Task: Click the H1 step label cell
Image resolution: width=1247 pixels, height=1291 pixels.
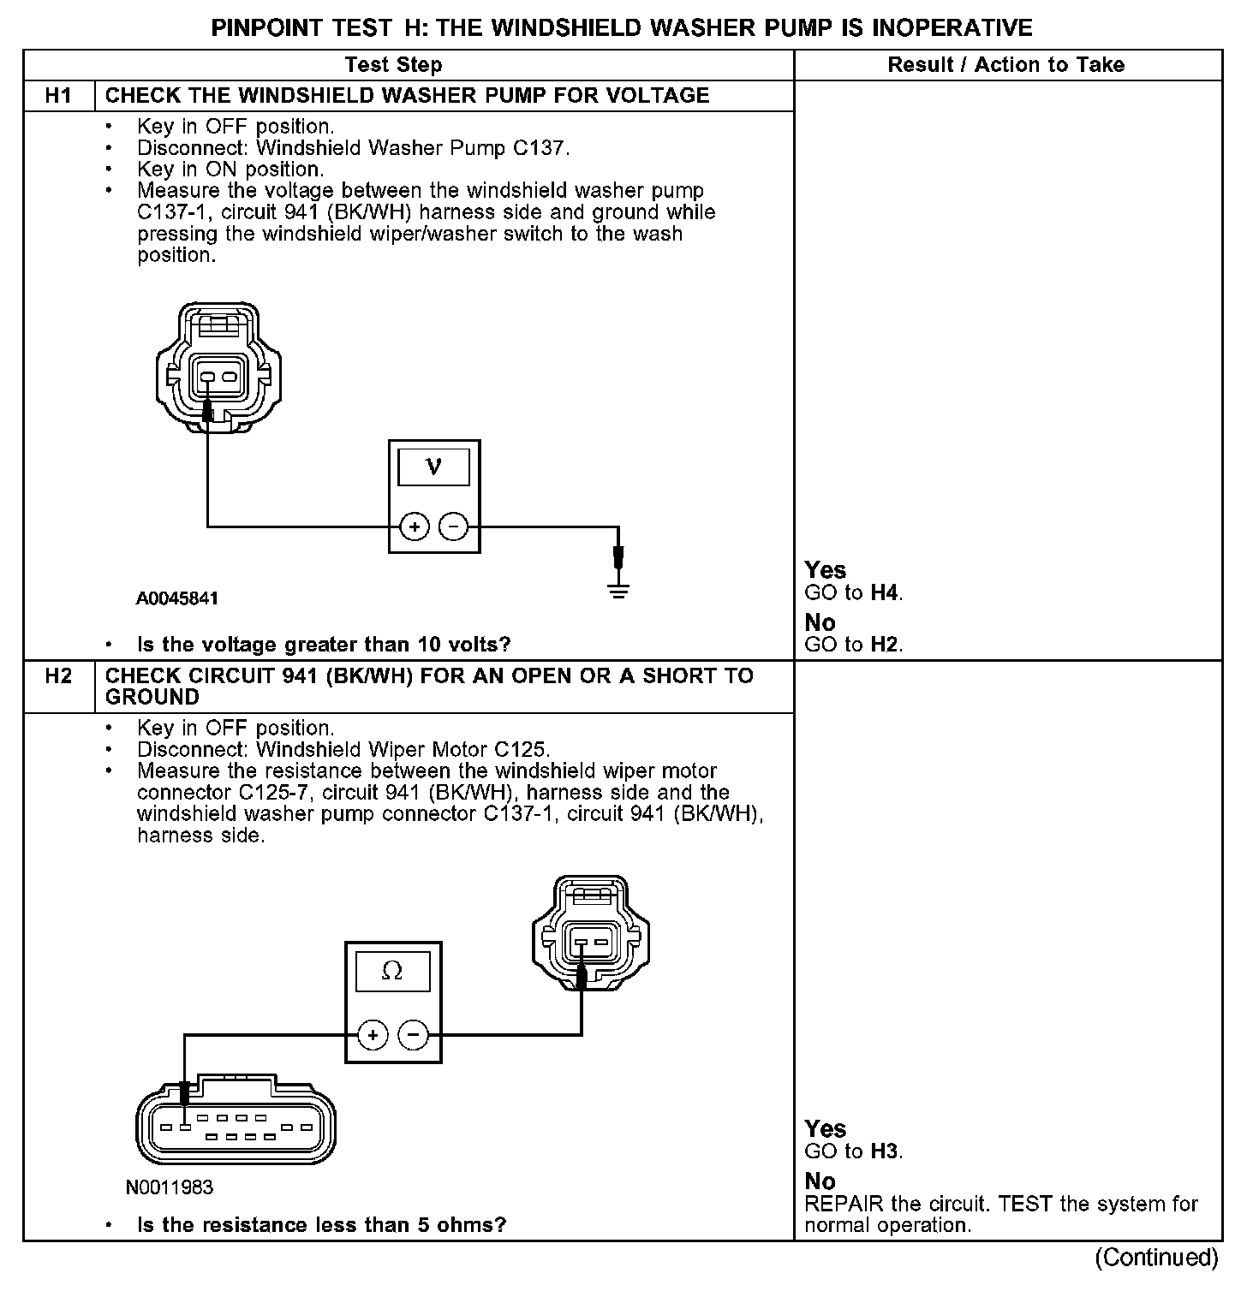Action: coord(58,95)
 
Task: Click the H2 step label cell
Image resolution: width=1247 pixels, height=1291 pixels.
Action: coord(58,676)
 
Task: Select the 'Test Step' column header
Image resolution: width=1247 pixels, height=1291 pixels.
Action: coord(393,65)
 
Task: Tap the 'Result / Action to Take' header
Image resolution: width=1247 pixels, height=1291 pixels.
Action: coord(1006,65)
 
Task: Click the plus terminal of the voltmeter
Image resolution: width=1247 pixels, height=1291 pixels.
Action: coord(415,527)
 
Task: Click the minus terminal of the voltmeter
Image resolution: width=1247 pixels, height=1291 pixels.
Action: coord(454,527)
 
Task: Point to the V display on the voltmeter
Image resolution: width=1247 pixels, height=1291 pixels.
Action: coord(434,467)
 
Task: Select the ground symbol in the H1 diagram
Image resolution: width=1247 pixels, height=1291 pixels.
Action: coord(618,589)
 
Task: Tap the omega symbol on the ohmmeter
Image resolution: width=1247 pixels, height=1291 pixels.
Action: coord(392,971)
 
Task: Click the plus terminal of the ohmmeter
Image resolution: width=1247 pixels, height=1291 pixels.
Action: coord(372,1036)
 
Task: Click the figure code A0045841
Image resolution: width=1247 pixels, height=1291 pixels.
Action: coord(176,598)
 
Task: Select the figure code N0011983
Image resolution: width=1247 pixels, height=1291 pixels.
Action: coord(169,1187)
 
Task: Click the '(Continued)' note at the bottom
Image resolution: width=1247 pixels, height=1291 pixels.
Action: coord(1156,1257)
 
